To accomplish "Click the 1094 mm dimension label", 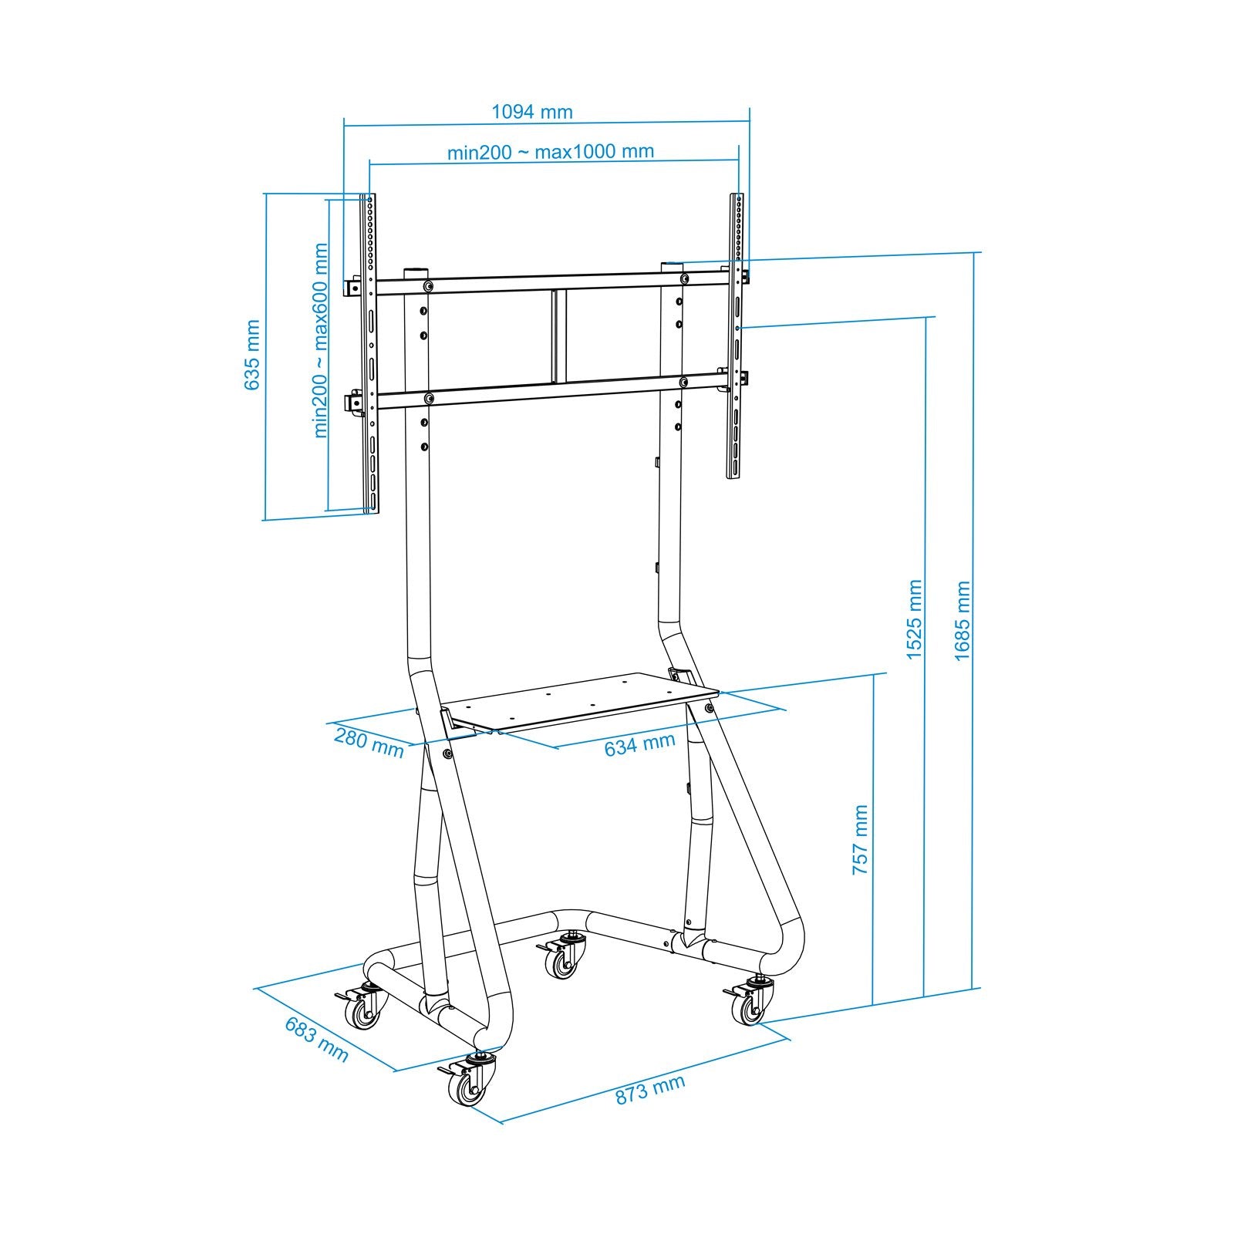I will [x=532, y=112].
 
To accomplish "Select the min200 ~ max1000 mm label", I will [x=551, y=152].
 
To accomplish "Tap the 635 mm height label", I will [x=252, y=355].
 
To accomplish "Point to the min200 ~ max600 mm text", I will [x=322, y=341].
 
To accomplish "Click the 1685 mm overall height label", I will [x=962, y=621].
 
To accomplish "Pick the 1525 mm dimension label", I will [x=914, y=619].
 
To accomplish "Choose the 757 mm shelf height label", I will [x=860, y=839].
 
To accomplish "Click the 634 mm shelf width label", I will [x=639, y=745].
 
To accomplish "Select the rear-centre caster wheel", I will [x=563, y=961].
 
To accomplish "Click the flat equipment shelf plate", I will [x=582, y=701].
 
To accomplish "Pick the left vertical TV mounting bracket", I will [x=370, y=355].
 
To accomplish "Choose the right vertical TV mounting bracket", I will [x=737, y=335].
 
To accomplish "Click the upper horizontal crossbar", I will [x=551, y=282].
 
